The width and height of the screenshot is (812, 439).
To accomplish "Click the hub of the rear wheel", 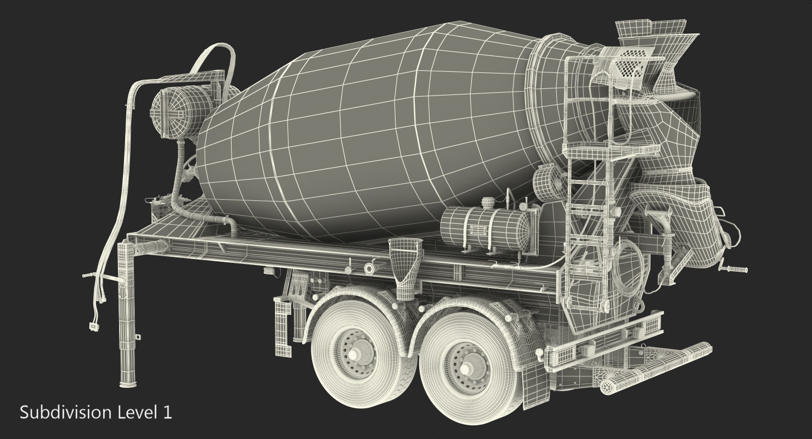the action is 467,366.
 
